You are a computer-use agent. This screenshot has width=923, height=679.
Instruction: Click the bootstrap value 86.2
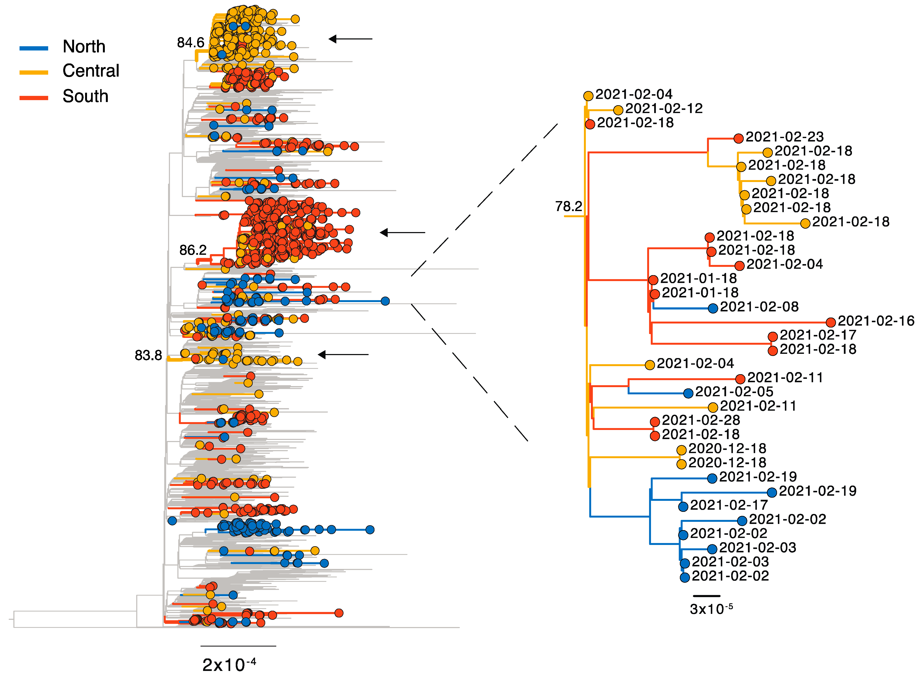click(193, 250)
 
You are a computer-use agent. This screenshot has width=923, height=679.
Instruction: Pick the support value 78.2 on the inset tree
click(569, 206)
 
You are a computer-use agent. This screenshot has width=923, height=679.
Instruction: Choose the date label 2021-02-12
click(664, 109)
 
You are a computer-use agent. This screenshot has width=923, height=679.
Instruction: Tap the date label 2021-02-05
click(734, 392)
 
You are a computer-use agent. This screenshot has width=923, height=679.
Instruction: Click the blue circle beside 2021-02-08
click(713, 308)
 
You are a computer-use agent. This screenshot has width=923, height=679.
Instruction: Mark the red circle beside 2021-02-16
click(830, 322)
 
